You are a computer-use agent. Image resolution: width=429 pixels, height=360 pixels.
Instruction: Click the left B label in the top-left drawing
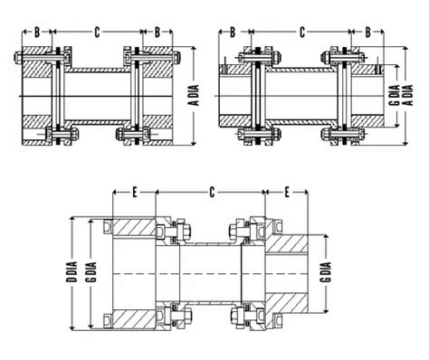click(37, 33)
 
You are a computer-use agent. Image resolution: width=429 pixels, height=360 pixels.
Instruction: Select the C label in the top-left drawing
click(97, 33)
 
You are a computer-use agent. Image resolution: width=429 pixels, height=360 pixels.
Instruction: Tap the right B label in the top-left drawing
click(157, 33)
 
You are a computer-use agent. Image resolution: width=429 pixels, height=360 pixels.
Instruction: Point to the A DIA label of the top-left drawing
click(195, 95)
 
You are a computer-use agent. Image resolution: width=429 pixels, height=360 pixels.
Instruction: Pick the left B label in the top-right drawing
click(233, 33)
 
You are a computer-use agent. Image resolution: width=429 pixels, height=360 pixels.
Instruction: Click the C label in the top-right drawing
click(302, 33)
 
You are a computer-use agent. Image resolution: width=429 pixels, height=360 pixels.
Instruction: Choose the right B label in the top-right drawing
click(367, 33)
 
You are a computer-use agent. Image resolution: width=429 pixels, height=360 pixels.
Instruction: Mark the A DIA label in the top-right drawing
click(409, 95)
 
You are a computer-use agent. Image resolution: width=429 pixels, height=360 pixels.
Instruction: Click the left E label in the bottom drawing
click(135, 192)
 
